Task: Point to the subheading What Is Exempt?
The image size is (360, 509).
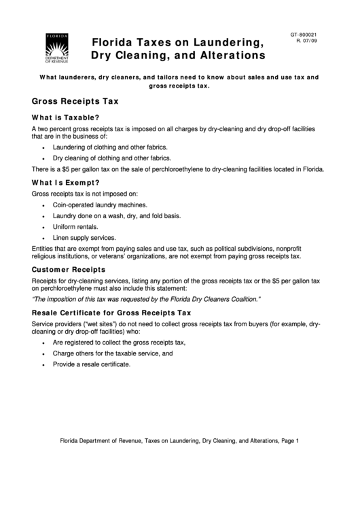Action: (x=66, y=182)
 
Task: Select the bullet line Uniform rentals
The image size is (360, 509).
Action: (x=75, y=226)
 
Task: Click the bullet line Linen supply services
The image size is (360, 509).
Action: (x=84, y=238)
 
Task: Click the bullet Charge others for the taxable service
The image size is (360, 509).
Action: (x=108, y=353)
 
